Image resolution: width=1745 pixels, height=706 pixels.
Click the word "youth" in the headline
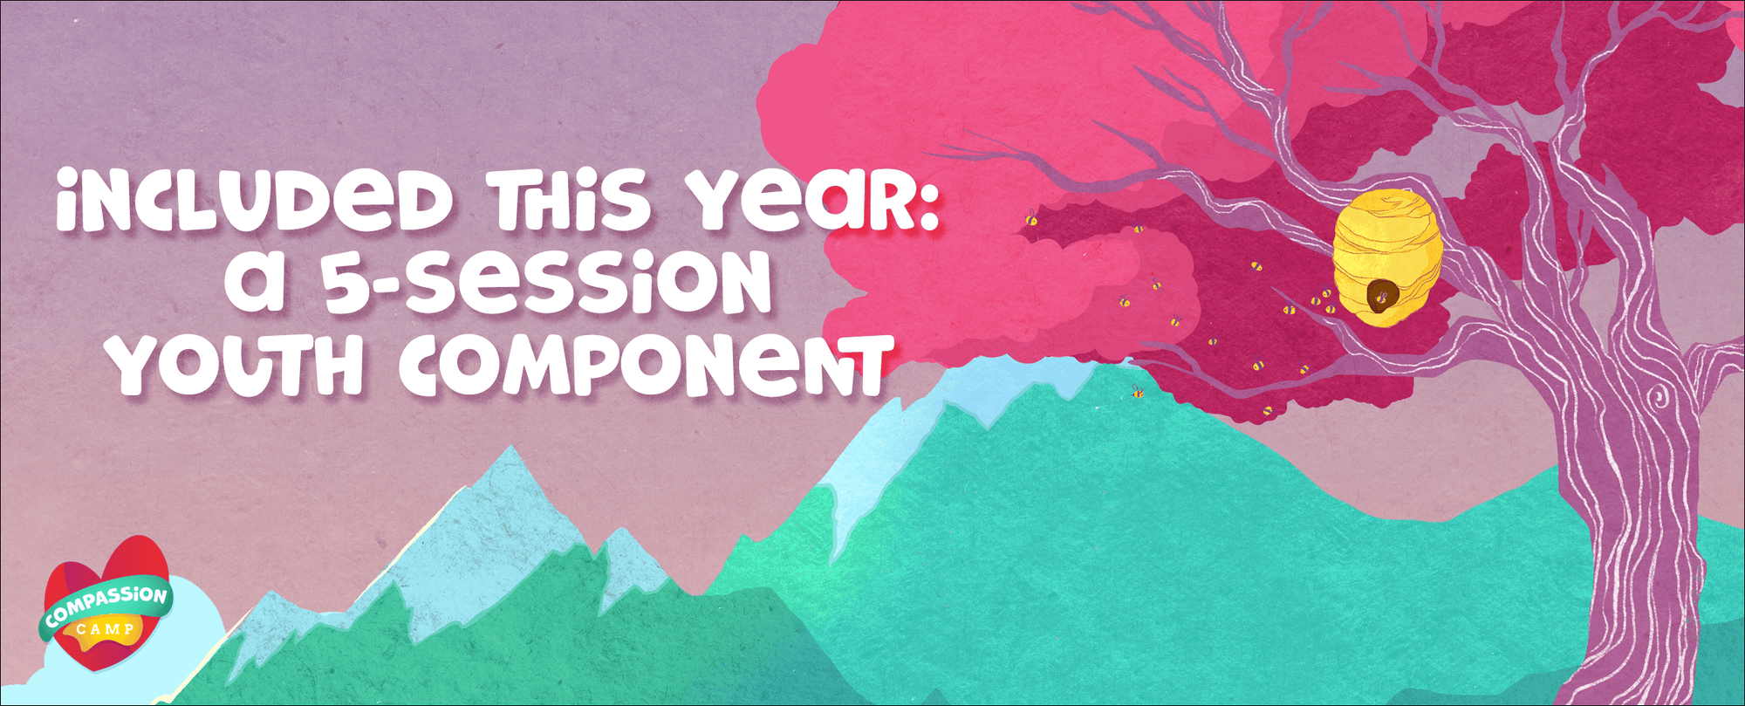240,362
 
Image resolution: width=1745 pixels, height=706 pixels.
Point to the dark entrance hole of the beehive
1381,297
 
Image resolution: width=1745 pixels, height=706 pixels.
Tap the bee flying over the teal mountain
1136,392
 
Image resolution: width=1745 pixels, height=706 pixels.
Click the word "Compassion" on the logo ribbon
106,606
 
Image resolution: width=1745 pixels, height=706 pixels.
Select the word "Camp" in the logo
105,629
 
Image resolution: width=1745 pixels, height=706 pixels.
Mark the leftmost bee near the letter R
1031,217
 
